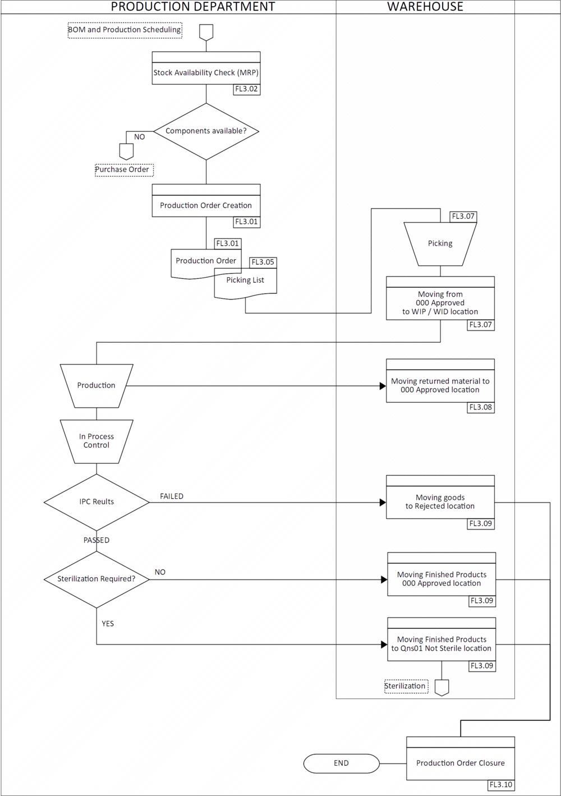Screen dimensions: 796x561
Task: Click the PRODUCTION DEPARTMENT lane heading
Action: pos(193,7)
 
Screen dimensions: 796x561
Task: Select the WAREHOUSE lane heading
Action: pos(425,7)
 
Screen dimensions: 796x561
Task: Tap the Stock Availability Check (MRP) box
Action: pos(206,72)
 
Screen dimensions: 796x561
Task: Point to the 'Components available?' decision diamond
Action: pos(206,131)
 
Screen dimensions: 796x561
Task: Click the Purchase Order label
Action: pos(124,169)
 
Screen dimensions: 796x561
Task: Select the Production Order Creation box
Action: pos(206,205)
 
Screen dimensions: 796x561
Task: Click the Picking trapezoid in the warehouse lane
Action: pos(440,243)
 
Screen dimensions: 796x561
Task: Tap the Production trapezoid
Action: pos(96,385)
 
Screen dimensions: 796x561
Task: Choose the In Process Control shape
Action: pos(96,441)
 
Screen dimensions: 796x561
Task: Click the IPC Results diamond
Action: pos(96,501)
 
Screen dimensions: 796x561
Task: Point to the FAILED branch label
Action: pos(172,496)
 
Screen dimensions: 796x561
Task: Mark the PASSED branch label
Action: pos(96,540)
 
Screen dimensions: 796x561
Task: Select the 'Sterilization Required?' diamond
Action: pos(96,578)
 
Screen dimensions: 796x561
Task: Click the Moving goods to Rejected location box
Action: pos(440,501)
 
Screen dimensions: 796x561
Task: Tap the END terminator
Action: pos(341,763)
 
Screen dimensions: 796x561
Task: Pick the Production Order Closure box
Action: pos(461,763)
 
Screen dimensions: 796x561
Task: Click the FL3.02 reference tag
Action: pos(246,89)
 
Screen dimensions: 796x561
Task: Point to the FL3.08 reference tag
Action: pos(481,407)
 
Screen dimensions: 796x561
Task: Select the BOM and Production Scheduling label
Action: pos(125,30)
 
